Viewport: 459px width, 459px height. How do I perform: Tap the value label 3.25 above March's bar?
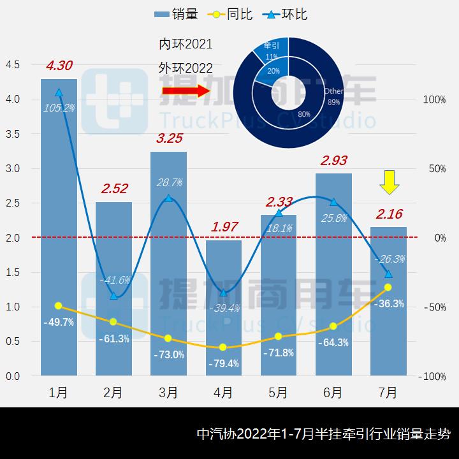[168, 138]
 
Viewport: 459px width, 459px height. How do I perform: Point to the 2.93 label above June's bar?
[333, 161]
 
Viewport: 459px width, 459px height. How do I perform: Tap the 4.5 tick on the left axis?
[13, 65]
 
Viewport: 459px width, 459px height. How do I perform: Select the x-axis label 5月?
[278, 393]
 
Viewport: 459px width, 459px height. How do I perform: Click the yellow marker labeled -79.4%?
[223, 347]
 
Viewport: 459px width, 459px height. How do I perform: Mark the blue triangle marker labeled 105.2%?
[59, 92]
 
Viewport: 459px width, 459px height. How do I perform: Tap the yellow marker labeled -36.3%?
[388, 287]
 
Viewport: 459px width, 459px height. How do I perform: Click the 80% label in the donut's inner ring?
[304, 115]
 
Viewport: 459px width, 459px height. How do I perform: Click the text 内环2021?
[186, 45]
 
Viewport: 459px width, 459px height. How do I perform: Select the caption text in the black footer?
[323, 434]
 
